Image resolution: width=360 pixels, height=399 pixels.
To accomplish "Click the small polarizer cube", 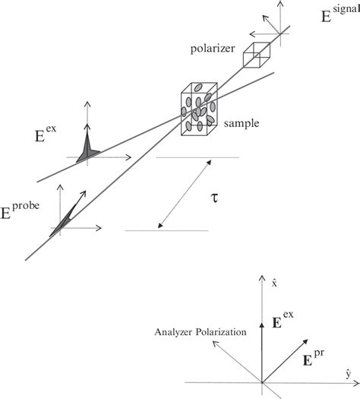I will pos(257,55).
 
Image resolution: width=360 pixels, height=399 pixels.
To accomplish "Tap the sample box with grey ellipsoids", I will pos(199,112).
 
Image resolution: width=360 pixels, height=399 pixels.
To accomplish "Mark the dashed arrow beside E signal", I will pos(261,34).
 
